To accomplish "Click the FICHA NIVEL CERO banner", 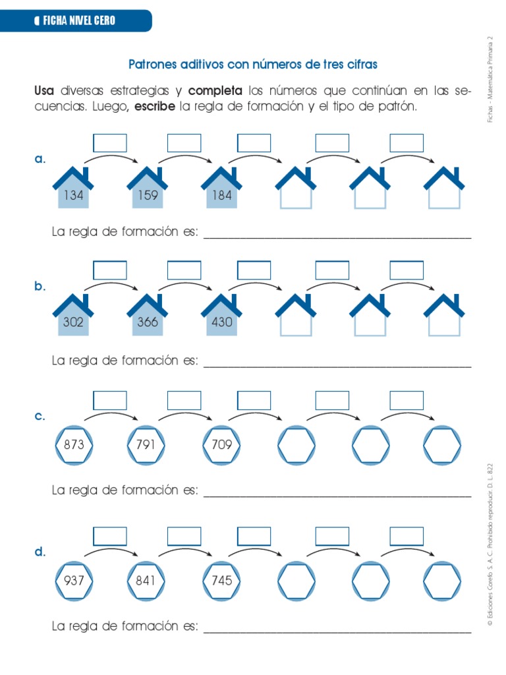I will point(75,20).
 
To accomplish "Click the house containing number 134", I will point(74,191).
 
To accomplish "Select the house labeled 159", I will point(148,191).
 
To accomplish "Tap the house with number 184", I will point(222,191).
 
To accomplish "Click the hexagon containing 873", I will point(74,445).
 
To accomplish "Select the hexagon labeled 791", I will point(146,445).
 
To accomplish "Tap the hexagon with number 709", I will point(222,445).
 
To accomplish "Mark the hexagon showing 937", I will point(74,581).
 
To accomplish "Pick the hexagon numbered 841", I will point(146,581).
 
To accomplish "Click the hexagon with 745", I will point(222,581).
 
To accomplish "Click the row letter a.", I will point(40,160).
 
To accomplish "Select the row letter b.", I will point(40,287).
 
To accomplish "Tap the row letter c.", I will point(40,417).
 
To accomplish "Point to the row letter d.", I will point(40,552).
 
